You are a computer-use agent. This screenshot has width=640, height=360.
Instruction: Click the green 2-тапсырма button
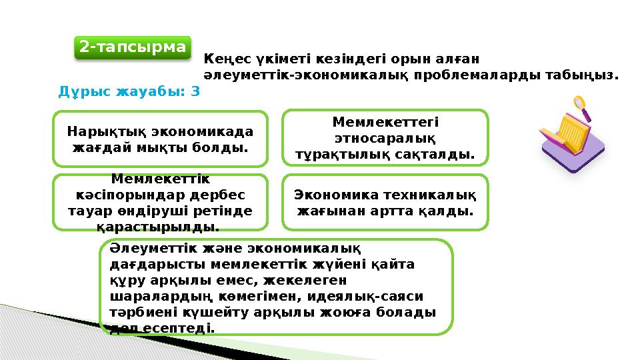132,47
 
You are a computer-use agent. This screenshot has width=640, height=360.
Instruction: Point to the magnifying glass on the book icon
580,105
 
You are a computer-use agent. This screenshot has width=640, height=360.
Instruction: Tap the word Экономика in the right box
335,195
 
